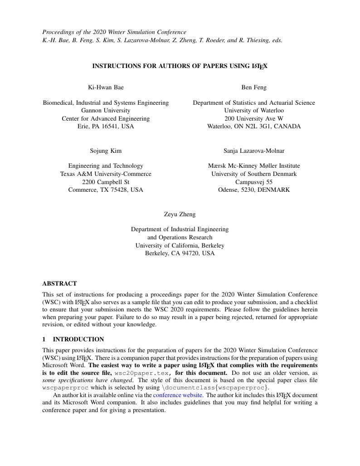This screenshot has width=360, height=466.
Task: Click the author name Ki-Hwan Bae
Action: coord(106,87)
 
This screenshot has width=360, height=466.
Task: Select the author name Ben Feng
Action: coord(254,87)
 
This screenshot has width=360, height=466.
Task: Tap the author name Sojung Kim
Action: coord(106,150)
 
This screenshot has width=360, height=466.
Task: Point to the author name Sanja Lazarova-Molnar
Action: coord(254,150)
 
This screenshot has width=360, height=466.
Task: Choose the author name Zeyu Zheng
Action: coord(180,214)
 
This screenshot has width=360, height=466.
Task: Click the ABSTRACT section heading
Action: coord(59,283)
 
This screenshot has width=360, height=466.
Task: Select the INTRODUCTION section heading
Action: coord(78,339)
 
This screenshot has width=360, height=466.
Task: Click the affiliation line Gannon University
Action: coord(106,110)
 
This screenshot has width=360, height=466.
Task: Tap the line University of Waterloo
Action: coord(254,110)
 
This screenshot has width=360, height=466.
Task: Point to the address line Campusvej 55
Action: coord(254,182)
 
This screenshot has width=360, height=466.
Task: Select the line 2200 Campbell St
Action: coord(106,182)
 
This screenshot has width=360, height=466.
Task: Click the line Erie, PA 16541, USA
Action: coord(106,126)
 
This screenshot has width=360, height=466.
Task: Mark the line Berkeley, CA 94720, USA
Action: coord(180,253)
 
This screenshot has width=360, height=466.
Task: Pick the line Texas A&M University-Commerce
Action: coord(106,174)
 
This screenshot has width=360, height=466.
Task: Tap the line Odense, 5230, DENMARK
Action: coord(254,190)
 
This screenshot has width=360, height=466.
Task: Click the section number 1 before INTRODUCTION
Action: coord(44,339)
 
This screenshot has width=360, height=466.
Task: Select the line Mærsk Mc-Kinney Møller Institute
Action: coord(254,165)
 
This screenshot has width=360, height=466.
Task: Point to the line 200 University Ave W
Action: coord(254,118)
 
